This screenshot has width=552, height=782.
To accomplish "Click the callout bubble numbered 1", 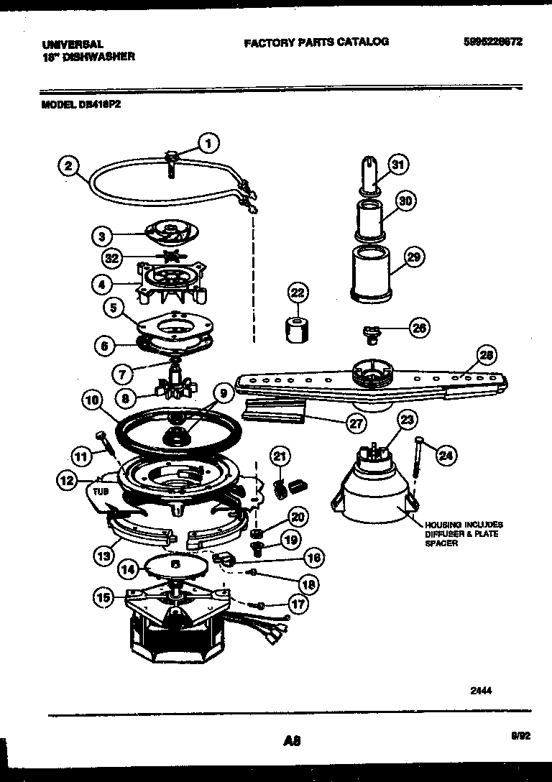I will click(x=208, y=144).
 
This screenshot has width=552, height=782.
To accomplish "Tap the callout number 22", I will click(x=297, y=292).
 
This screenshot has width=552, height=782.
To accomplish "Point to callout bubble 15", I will click(x=104, y=595).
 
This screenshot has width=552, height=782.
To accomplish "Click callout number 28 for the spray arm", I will click(x=487, y=355).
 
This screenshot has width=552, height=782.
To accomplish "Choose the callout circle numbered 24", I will click(x=446, y=454).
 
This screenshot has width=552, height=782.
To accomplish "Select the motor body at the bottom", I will click(x=172, y=632).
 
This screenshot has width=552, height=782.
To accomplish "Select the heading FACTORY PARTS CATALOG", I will click(x=316, y=42).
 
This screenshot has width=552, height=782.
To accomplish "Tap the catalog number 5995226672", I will click(x=493, y=42).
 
